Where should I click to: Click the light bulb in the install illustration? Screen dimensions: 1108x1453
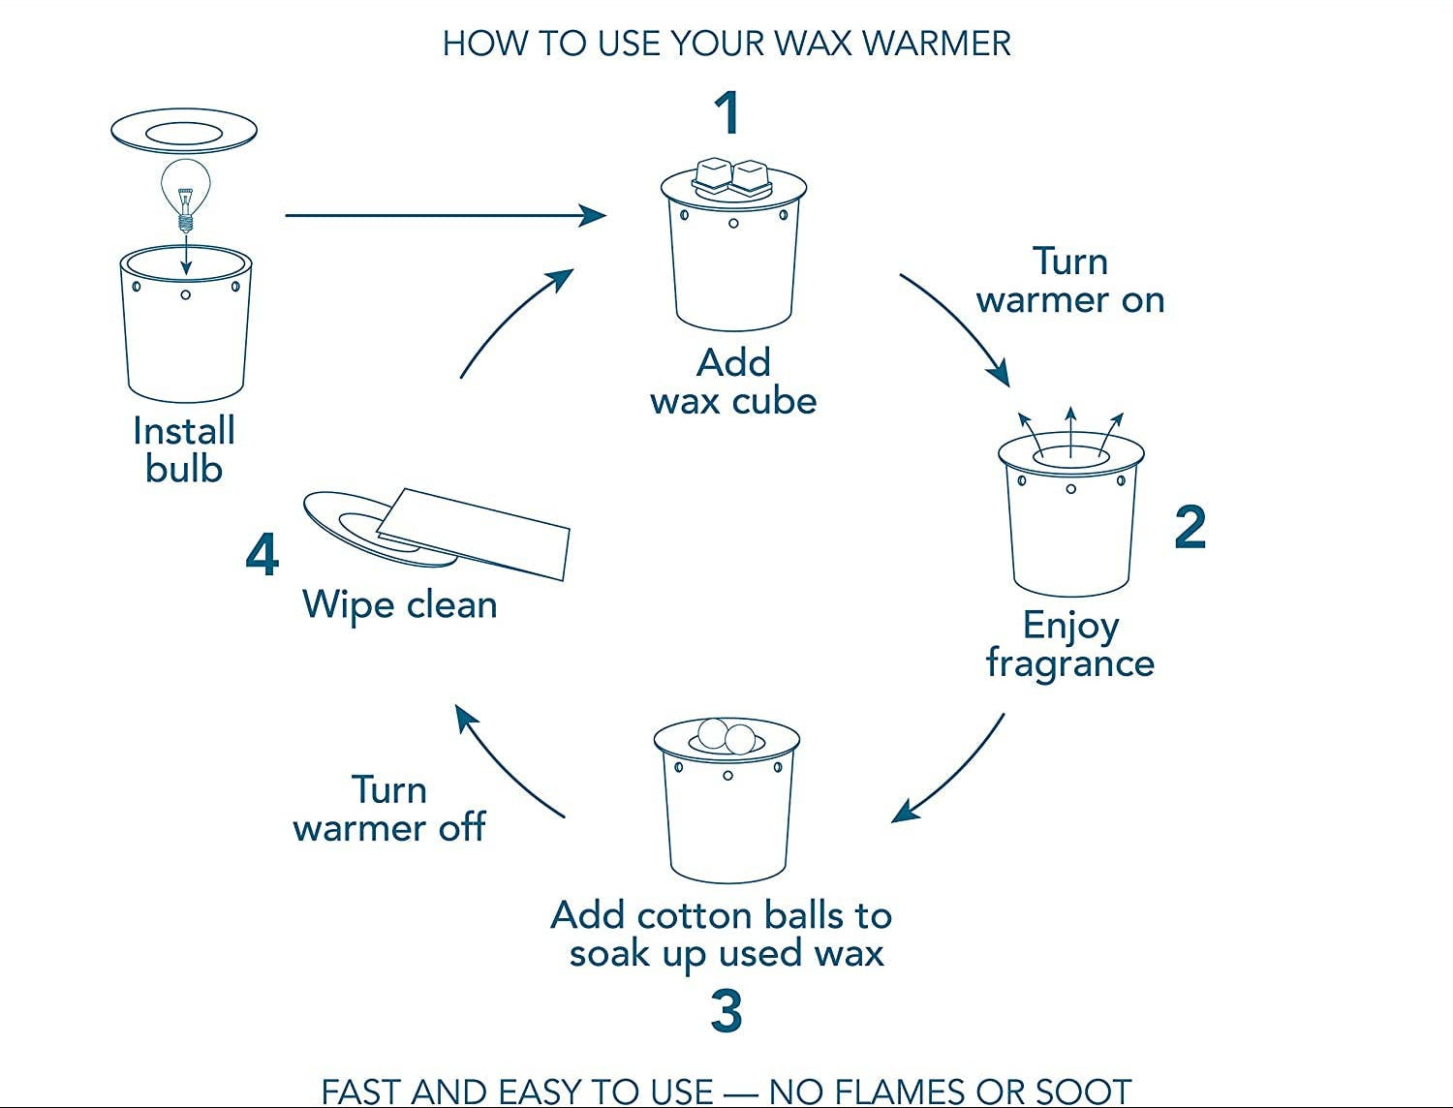185,190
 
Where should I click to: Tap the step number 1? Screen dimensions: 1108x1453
727,112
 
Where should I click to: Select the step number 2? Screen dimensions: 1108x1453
1190,528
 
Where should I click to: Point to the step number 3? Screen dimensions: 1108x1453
726,1010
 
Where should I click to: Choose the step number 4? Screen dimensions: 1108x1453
262,555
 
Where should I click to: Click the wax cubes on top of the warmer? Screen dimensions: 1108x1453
731,177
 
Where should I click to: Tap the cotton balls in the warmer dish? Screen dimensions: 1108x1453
726,736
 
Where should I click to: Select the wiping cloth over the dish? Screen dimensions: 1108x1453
475,533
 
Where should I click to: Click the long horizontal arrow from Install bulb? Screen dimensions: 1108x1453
446,215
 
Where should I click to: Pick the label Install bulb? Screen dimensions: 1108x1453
184,449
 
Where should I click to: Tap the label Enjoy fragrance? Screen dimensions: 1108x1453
1070,644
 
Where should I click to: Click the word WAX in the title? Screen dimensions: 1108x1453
810,44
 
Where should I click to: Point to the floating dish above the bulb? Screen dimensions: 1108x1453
184,130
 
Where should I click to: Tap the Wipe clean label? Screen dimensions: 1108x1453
400,604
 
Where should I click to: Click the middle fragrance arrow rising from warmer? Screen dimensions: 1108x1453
1070,431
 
